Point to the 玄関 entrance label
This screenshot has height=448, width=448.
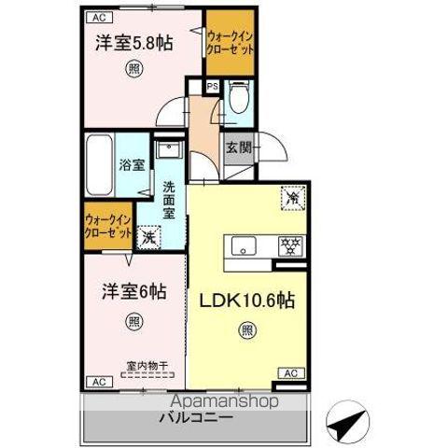click(237, 147)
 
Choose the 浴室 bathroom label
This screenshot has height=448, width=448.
click(131, 166)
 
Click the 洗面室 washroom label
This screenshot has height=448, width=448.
click(169, 199)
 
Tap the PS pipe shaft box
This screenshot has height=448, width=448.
click(213, 88)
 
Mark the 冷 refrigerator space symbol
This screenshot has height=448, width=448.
click(292, 197)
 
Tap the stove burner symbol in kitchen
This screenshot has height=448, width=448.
click(290, 247)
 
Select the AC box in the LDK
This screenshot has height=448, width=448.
click(290, 373)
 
